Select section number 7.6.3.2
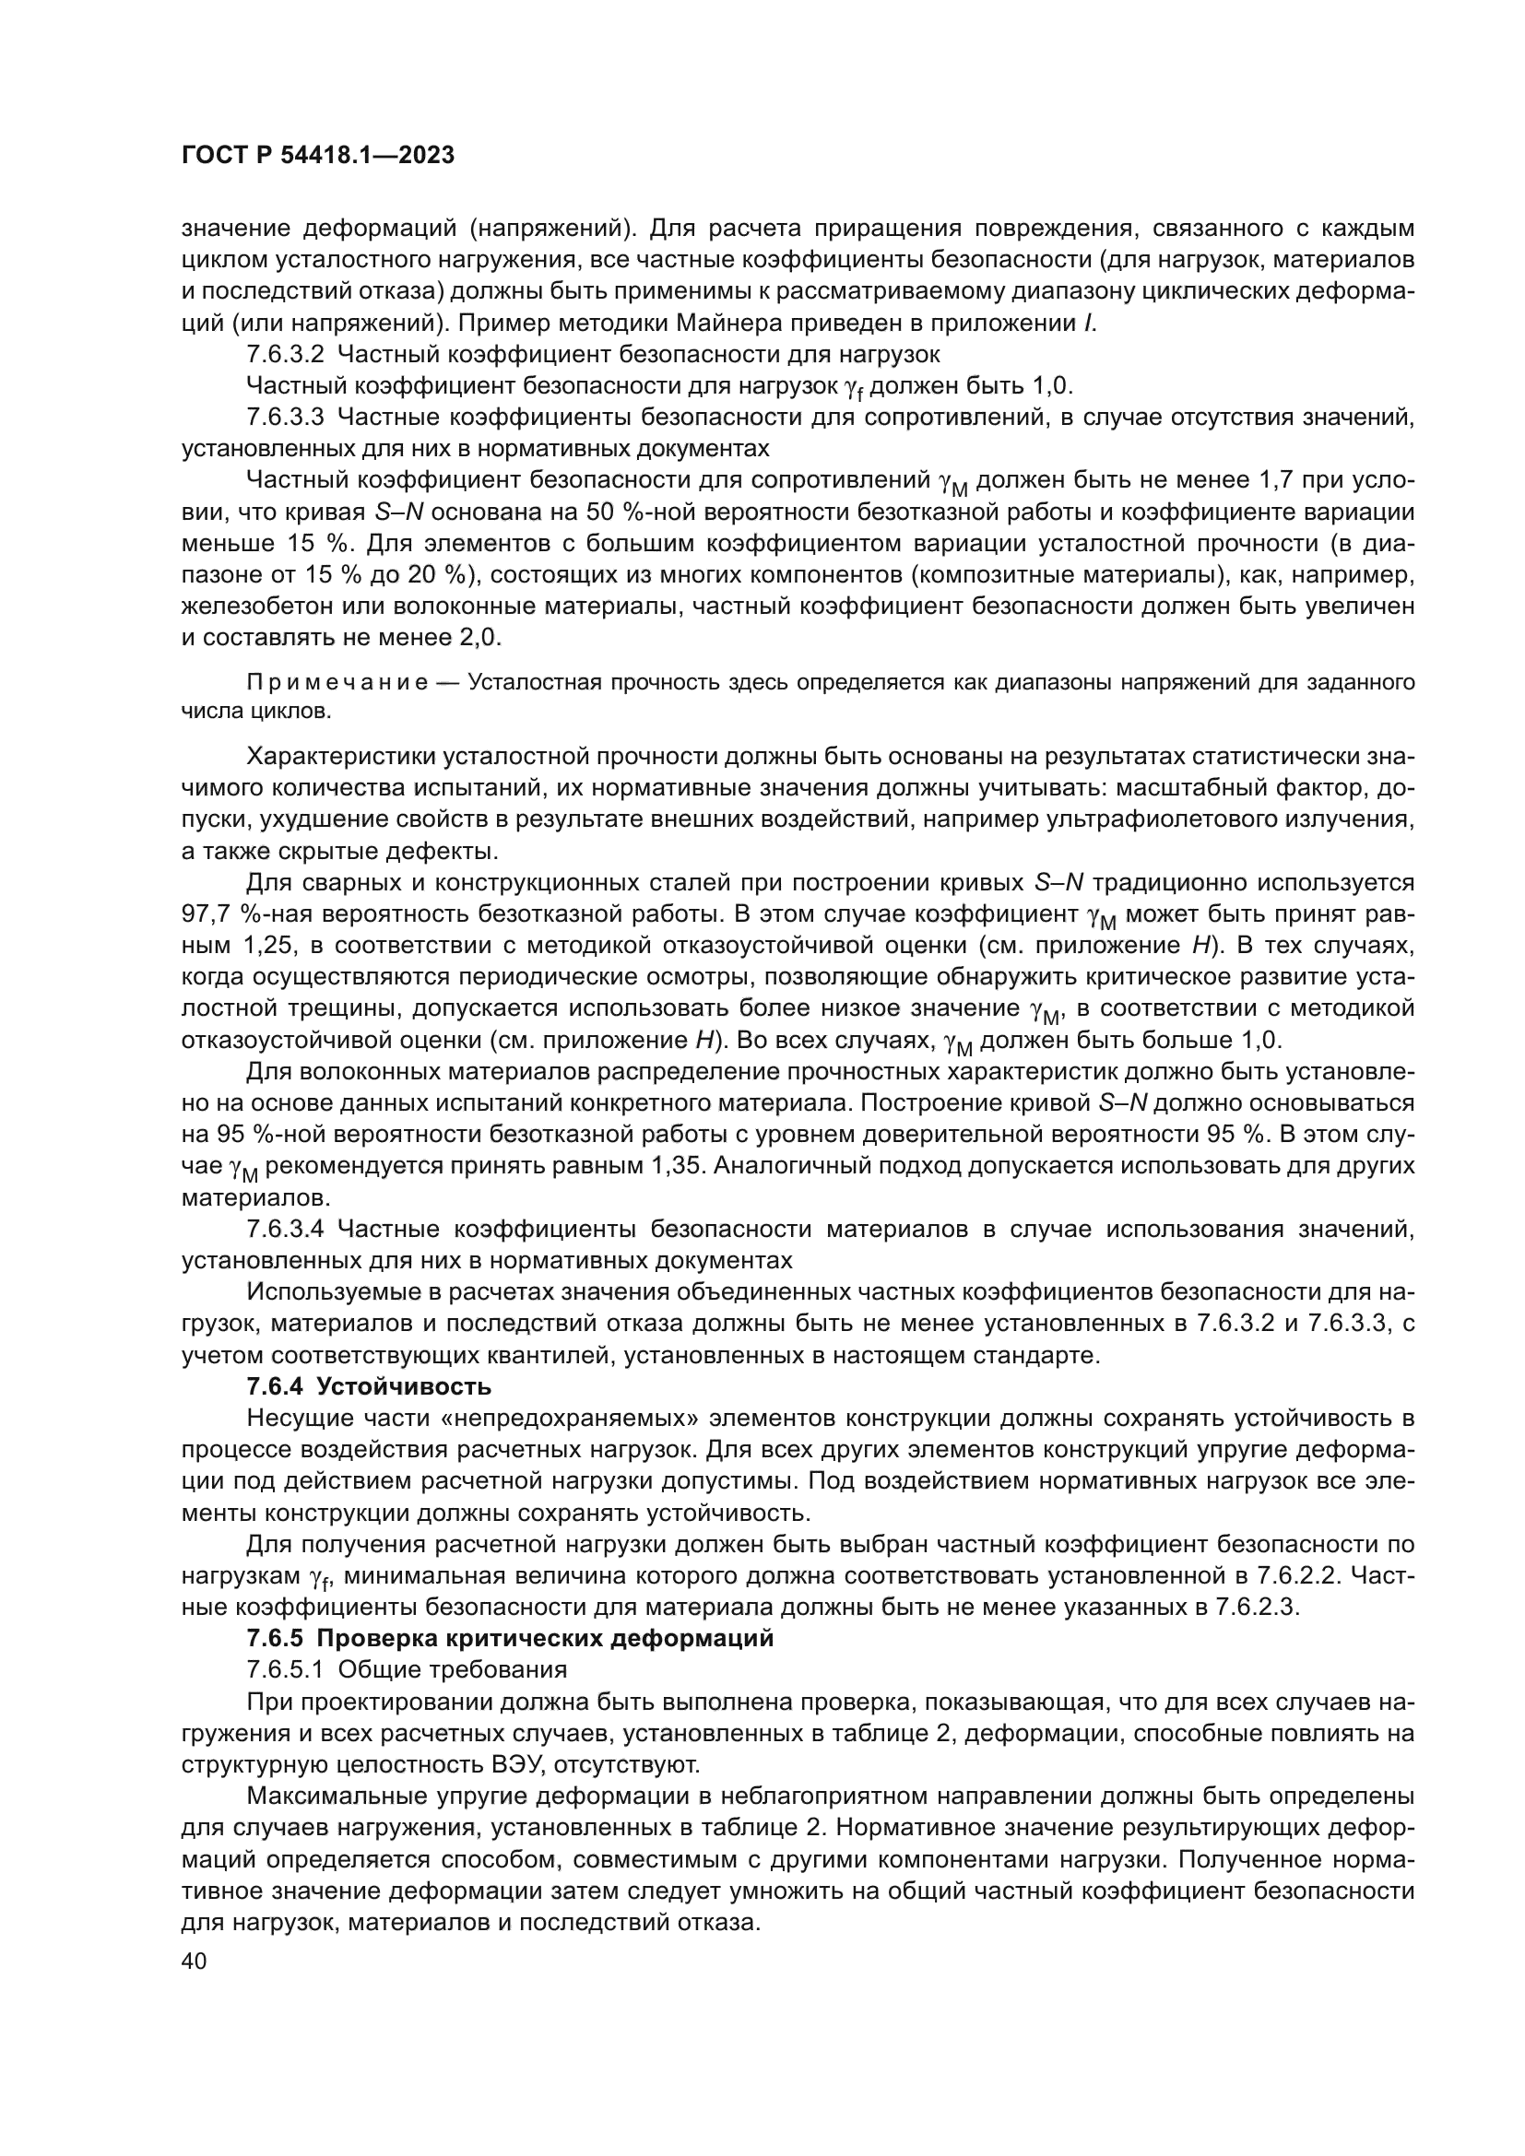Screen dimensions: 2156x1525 tap(286, 355)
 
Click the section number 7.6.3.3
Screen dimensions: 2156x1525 tap(286, 417)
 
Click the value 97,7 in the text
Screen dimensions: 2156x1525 tap(206, 913)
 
